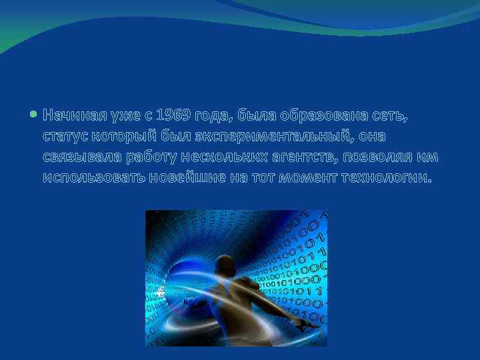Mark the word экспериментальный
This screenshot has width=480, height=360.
(273, 137)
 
